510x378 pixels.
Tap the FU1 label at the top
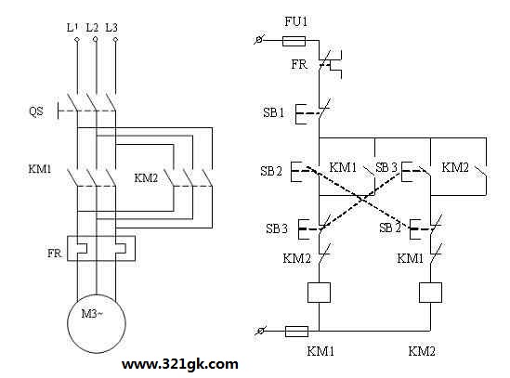point(295,21)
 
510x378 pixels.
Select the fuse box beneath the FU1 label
point(294,41)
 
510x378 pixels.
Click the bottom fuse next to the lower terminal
point(296,332)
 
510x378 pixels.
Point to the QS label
point(36,111)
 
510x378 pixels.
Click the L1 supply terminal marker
point(77,39)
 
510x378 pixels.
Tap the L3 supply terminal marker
point(115,39)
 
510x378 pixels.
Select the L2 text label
point(92,28)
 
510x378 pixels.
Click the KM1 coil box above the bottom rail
point(319,293)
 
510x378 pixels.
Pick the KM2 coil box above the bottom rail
point(430,293)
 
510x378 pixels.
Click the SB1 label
point(273,112)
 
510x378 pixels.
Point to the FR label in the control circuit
point(299,64)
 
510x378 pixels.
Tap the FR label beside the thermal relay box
point(54,254)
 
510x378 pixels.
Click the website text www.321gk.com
point(180,364)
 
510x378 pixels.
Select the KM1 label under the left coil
point(320,351)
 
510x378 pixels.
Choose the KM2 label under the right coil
point(422,351)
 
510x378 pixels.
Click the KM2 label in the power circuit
point(146,178)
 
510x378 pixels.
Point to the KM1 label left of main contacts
point(40,169)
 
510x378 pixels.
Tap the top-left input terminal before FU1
point(259,40)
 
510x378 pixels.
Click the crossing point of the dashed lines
point(361,199)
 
